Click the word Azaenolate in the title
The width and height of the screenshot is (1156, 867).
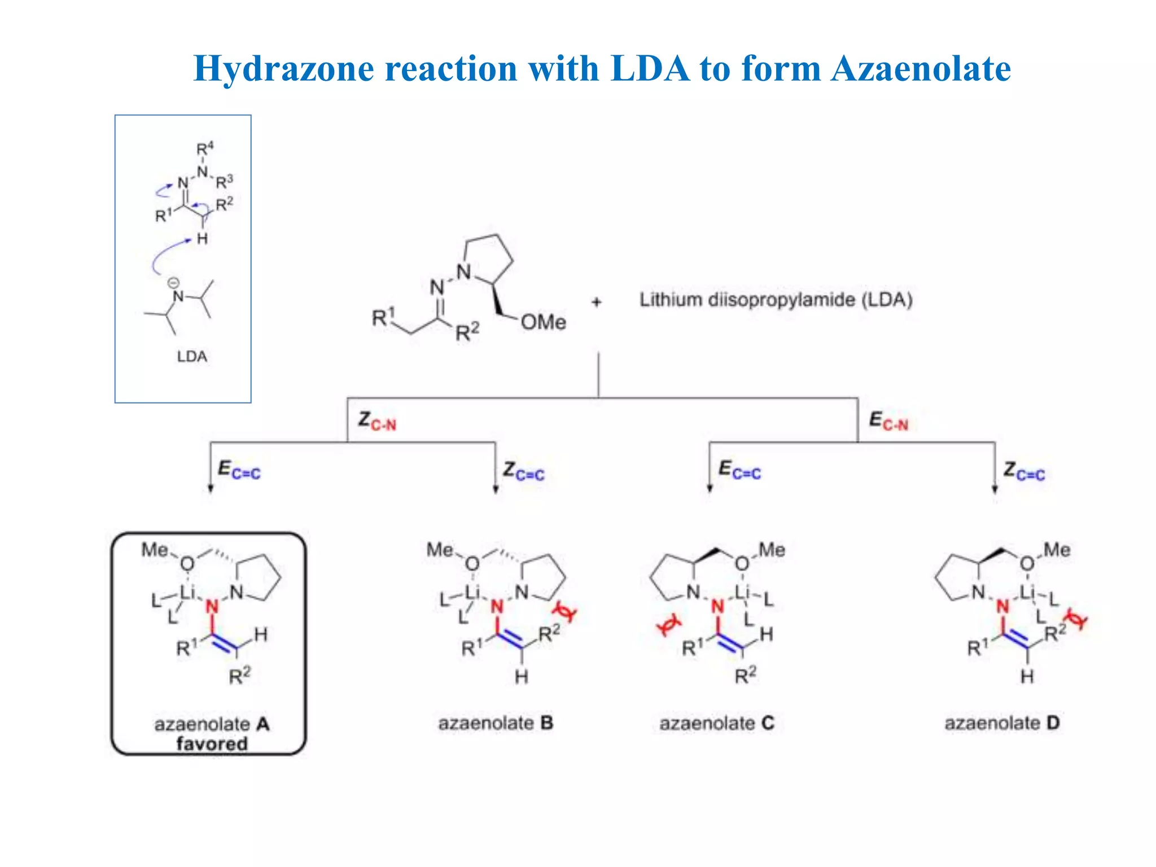tap(921, 68)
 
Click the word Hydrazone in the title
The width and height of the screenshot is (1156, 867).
tap(284, 68)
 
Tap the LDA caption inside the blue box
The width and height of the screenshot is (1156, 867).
tap(192, 356)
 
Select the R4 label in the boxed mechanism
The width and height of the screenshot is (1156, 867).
tap(205, 149)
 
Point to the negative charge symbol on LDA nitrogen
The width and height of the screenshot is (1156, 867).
tap(174, 283)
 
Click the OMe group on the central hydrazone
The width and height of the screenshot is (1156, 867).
tap(543, 322)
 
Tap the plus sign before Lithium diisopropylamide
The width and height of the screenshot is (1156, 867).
tap(597, 303)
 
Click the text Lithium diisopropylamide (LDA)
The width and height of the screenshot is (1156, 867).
tap(776, 300)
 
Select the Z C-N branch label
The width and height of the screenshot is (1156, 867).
tap(377, 421)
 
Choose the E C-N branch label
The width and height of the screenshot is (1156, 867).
tap(888, 421)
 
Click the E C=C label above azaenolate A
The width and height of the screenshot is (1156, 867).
tap(239, 470)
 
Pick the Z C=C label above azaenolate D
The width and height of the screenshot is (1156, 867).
tap(1024, 471)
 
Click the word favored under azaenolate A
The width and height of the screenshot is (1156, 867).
tap(212, 743)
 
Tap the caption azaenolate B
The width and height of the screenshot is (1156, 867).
tap(496, 723)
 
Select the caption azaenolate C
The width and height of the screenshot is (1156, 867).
tap(717, 723)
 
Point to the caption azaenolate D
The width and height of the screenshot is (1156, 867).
tap(1002, 723)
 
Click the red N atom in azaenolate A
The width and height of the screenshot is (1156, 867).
tap(212, 607)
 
